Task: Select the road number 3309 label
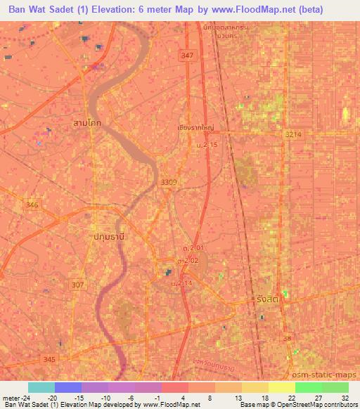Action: click(x=169, y=182)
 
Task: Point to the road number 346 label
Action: click(x=32, y=204)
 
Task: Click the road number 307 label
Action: click(x=77, y=285)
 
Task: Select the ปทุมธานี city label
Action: click(x=109, y=237)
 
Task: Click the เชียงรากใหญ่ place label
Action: click(x=195, y=128)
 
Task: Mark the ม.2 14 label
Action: click(x=181, y=283)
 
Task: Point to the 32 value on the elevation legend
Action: click(x=344, y=397)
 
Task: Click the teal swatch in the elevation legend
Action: click(x=41, y=387)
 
